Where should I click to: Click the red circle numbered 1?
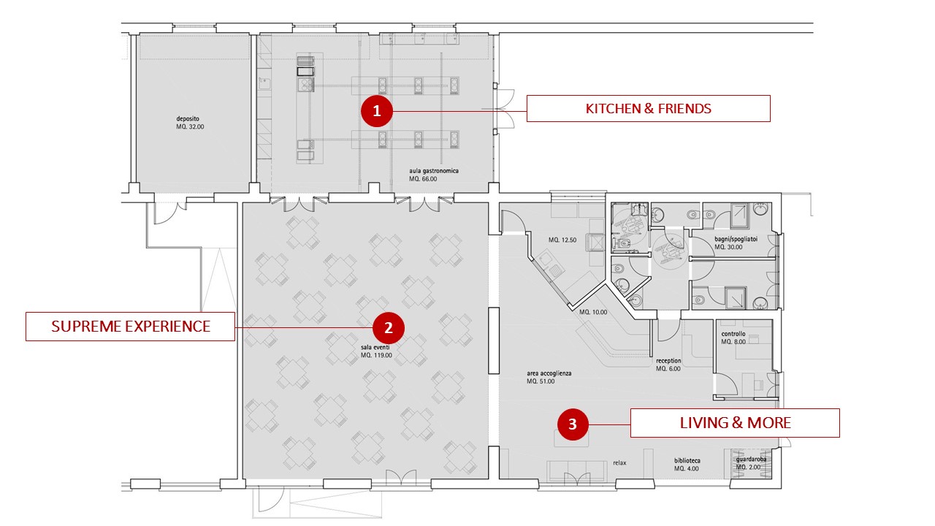376,111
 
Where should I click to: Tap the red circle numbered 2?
388,328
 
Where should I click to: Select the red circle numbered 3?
572,424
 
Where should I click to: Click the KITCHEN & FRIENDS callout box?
648,109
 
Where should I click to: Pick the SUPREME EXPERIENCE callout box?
130,327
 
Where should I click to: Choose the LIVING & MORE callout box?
735,423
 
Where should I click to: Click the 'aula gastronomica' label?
434,171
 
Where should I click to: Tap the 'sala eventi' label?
375,347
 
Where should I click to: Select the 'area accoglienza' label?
549,373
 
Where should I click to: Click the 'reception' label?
668,361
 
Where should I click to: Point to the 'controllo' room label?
733,334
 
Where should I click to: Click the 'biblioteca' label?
687,460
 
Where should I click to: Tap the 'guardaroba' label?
751,460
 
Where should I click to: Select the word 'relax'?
619,462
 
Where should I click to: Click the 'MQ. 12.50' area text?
562,240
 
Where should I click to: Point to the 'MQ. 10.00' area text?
593,312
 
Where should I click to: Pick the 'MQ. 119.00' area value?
376,355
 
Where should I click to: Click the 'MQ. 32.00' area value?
190,127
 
